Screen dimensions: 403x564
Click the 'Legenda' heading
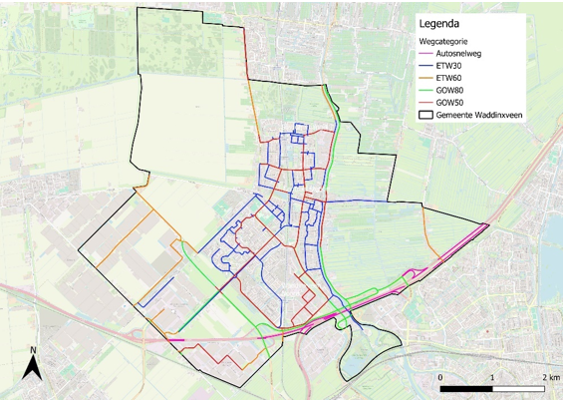tap(443, 24)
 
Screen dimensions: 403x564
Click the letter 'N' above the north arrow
tap(33, 350)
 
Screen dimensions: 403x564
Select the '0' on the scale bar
tap(440, 378)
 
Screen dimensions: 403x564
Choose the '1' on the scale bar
tap(492, 378)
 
